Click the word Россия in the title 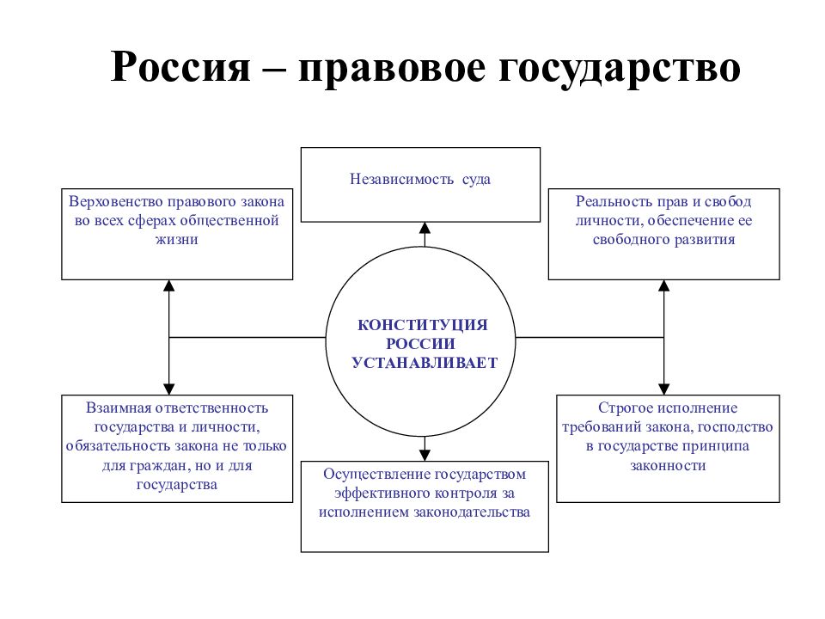pyautogui.click(x=181, y=67)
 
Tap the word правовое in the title pyautogui.click(x=392, y=70)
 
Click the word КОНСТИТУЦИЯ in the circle pyautogui.click(x=423, y=325)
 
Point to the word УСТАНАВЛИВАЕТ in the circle pyautogui.click(x=425, y=363)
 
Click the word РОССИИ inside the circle pyautogui.click(x=420, y=344)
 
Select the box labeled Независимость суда pyautogui.click(x=420, y=185)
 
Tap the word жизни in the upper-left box pyautogui.click(x=177, y=240)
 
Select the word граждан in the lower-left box pyautogui.click(x=165, y=466)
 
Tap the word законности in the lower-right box pyautogui.click(x=668, y=466)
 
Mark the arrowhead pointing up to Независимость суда pyautogui.click(x=425, y=228)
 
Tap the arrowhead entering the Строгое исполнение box pyautogui.click(x=664, y=389)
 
